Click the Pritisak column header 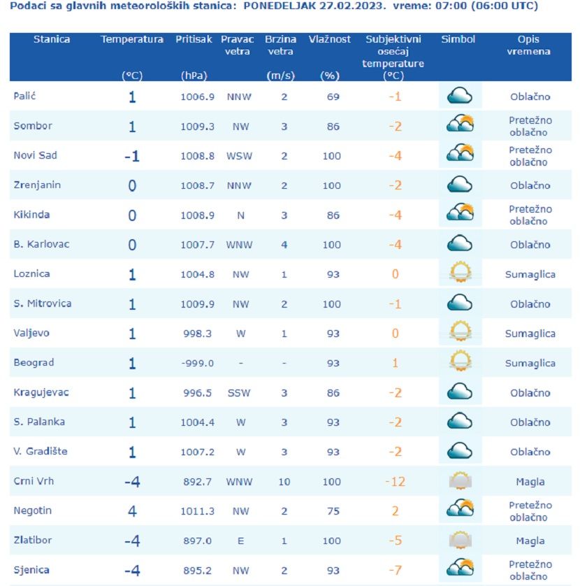click(194, 40)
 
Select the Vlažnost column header click(330, 40)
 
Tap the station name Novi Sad click(35, 155)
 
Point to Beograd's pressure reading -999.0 click(197, 363)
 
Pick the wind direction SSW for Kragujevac click(239, 393)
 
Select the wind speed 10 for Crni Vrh click(284, 482)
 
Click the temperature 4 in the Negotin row click(132, 511)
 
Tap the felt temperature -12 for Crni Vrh click(395, 482)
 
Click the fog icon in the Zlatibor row click(460, 540)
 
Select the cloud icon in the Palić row click(460, 96)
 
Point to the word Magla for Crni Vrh click(530, 482)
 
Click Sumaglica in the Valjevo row click(530, 334)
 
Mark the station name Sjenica click(32, 570)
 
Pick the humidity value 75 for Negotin click(333, 511)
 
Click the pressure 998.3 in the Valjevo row click(197, 334)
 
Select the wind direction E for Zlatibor click(240, 541)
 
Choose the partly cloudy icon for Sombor click(460, 124)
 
